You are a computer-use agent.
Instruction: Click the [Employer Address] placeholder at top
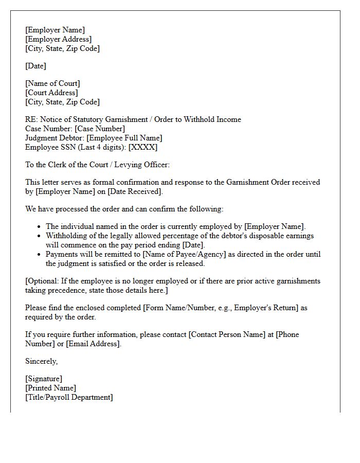pyautogui.click(x=58, y=39)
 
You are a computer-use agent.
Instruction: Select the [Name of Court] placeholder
pyautogui.click(x=52, y=83)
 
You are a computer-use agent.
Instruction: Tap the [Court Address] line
pyautogui.click(x=51, y=93)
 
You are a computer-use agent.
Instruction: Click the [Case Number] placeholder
pyautogui.click(x=100, y=129)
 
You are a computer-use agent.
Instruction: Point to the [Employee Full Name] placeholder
pyautogui.click(x=124, y=138)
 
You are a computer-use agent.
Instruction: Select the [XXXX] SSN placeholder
pyautogui.click(x=143, y=147)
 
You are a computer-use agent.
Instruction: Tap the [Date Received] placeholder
pyautogui.click(x=134, y=191)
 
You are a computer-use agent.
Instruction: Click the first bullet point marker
pyautogui.click(x=40, y=226)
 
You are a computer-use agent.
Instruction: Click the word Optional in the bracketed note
pyautogui.click(x=45, y=281)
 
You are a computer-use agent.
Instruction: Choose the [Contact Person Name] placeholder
pyautogui.click(x=227, y=334)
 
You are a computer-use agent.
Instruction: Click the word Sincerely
pyautogui.click(x=41, y=361)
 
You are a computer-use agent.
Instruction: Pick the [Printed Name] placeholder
pyautogui.click(x=50, y=388)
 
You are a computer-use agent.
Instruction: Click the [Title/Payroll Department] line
pyautogui.click(x=69, y=397)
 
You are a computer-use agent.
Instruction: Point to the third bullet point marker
pyautogui.click(x=40, y=254)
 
